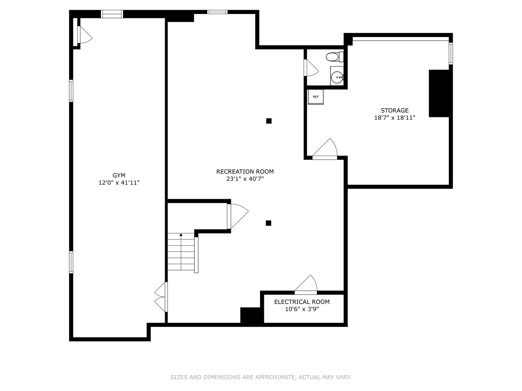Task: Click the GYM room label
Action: tap(119, 175)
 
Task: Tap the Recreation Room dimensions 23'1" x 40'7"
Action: tap(245, 179)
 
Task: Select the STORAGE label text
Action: tap(394, 110)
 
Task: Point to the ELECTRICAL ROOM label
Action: tap(302, 302)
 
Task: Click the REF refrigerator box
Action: tap(315, 97)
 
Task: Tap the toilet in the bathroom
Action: tap(335, 57)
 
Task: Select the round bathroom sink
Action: tap(337, 78)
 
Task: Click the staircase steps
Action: tap(181, 252)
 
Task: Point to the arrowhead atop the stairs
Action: tap(181, 235)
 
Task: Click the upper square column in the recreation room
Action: tap(269, 121)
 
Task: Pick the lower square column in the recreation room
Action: tap(269, 223)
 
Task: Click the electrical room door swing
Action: tap(306, 285)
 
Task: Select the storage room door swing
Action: tap(325, 149)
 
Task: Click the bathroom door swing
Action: tap(311, 68)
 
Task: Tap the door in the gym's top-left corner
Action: tap(84, 35)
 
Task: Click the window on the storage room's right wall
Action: tap(451, 53)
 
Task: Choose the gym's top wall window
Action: tap(112, 14)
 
